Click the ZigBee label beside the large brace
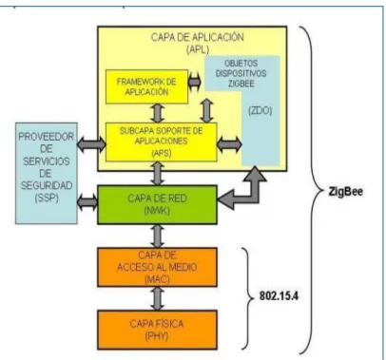point(345,192)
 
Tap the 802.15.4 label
point(279,296)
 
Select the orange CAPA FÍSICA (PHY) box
point(158,330)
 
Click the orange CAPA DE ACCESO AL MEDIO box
point(158,267)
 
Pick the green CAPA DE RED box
point(158,205)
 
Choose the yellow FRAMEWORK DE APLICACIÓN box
point(146,86)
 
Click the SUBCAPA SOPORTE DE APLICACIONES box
point(162,142)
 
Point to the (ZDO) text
point(261,111)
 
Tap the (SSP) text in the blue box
point(47,198)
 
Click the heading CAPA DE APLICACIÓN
point(197,37)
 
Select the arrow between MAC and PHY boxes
point(158,298)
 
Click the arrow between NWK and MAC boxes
point(158,236)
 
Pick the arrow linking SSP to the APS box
point(91,144)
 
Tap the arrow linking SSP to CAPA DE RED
point(87,201)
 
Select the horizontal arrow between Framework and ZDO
point(195,82)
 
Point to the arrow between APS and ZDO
point(229,144)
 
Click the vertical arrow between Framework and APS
point(158,113)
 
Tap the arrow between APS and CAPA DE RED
point(158,174)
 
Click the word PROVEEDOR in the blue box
point(47,137)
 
